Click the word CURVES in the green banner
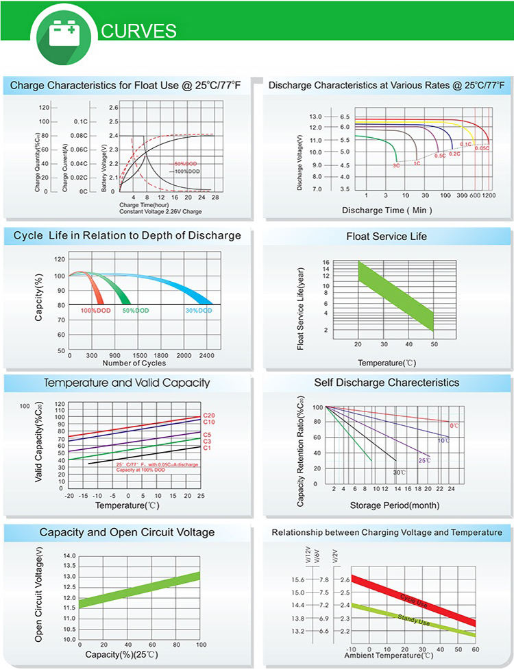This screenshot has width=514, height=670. [x=138, y=32]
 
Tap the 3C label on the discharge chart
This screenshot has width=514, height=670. [x=396, y=166]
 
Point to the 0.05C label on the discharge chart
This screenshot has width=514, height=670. [x=482, y=148]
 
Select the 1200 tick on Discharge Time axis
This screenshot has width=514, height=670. [x=488, y=195]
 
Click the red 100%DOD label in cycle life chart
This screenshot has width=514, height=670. [x=95, y=311]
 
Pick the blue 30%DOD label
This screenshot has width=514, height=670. [x=199, y=311]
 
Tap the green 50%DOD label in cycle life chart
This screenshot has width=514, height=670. [x=136, y=311]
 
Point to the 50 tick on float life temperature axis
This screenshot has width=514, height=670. [x=434, y=344]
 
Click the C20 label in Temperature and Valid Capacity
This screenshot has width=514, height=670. [x=209, y=416]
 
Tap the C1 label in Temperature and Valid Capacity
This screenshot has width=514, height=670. [x=207, y=448]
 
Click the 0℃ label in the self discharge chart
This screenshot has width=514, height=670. [x=454, y=426]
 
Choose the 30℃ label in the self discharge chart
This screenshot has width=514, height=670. [x=399, y=472]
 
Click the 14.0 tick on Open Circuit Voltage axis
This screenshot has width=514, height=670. [x=69, y=555]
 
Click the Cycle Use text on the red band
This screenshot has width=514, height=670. [x=414, y=602]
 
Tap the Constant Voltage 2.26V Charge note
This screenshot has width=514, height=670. [x=160, y=211]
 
